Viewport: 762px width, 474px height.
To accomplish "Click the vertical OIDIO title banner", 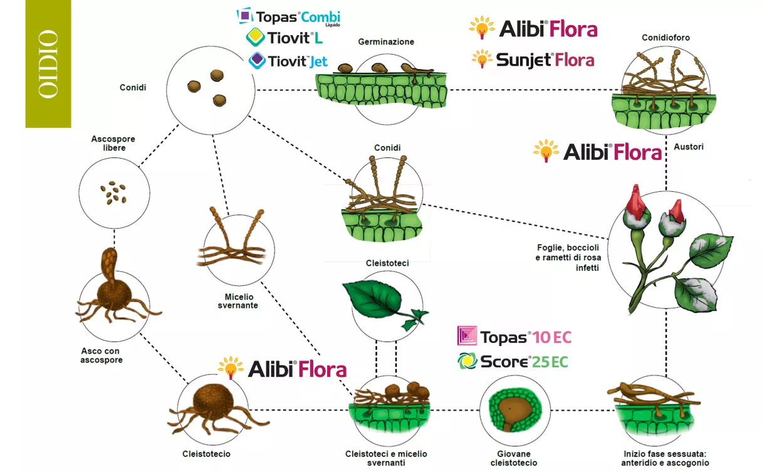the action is [48, 63].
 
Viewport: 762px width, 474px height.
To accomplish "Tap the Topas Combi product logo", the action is [288, 17].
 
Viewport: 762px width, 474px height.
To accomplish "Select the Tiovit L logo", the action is [284, 38].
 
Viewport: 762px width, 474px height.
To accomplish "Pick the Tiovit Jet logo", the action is [288, 61].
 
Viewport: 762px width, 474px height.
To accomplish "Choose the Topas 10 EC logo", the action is [514, 336].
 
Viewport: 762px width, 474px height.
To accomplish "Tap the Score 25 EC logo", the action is [513, 361].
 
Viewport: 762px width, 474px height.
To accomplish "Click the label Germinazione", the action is [386, 42].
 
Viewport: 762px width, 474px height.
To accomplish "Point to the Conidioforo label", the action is [665, 38].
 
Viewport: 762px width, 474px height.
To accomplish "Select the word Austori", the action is [689, 147].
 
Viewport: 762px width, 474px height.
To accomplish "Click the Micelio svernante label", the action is [238, 301].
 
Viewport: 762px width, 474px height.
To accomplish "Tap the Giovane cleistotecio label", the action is [514, 458].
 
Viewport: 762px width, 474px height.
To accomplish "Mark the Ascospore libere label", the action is [113, 143].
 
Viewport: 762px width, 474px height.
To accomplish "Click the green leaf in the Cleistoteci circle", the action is [378, 300].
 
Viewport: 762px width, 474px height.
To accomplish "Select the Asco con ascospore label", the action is [101, 355].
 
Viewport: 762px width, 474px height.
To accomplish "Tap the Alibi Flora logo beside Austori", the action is [597, 151].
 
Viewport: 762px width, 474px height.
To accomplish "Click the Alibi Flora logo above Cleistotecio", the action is [283, 368].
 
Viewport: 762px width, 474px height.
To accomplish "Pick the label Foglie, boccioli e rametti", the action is [568, 257].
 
